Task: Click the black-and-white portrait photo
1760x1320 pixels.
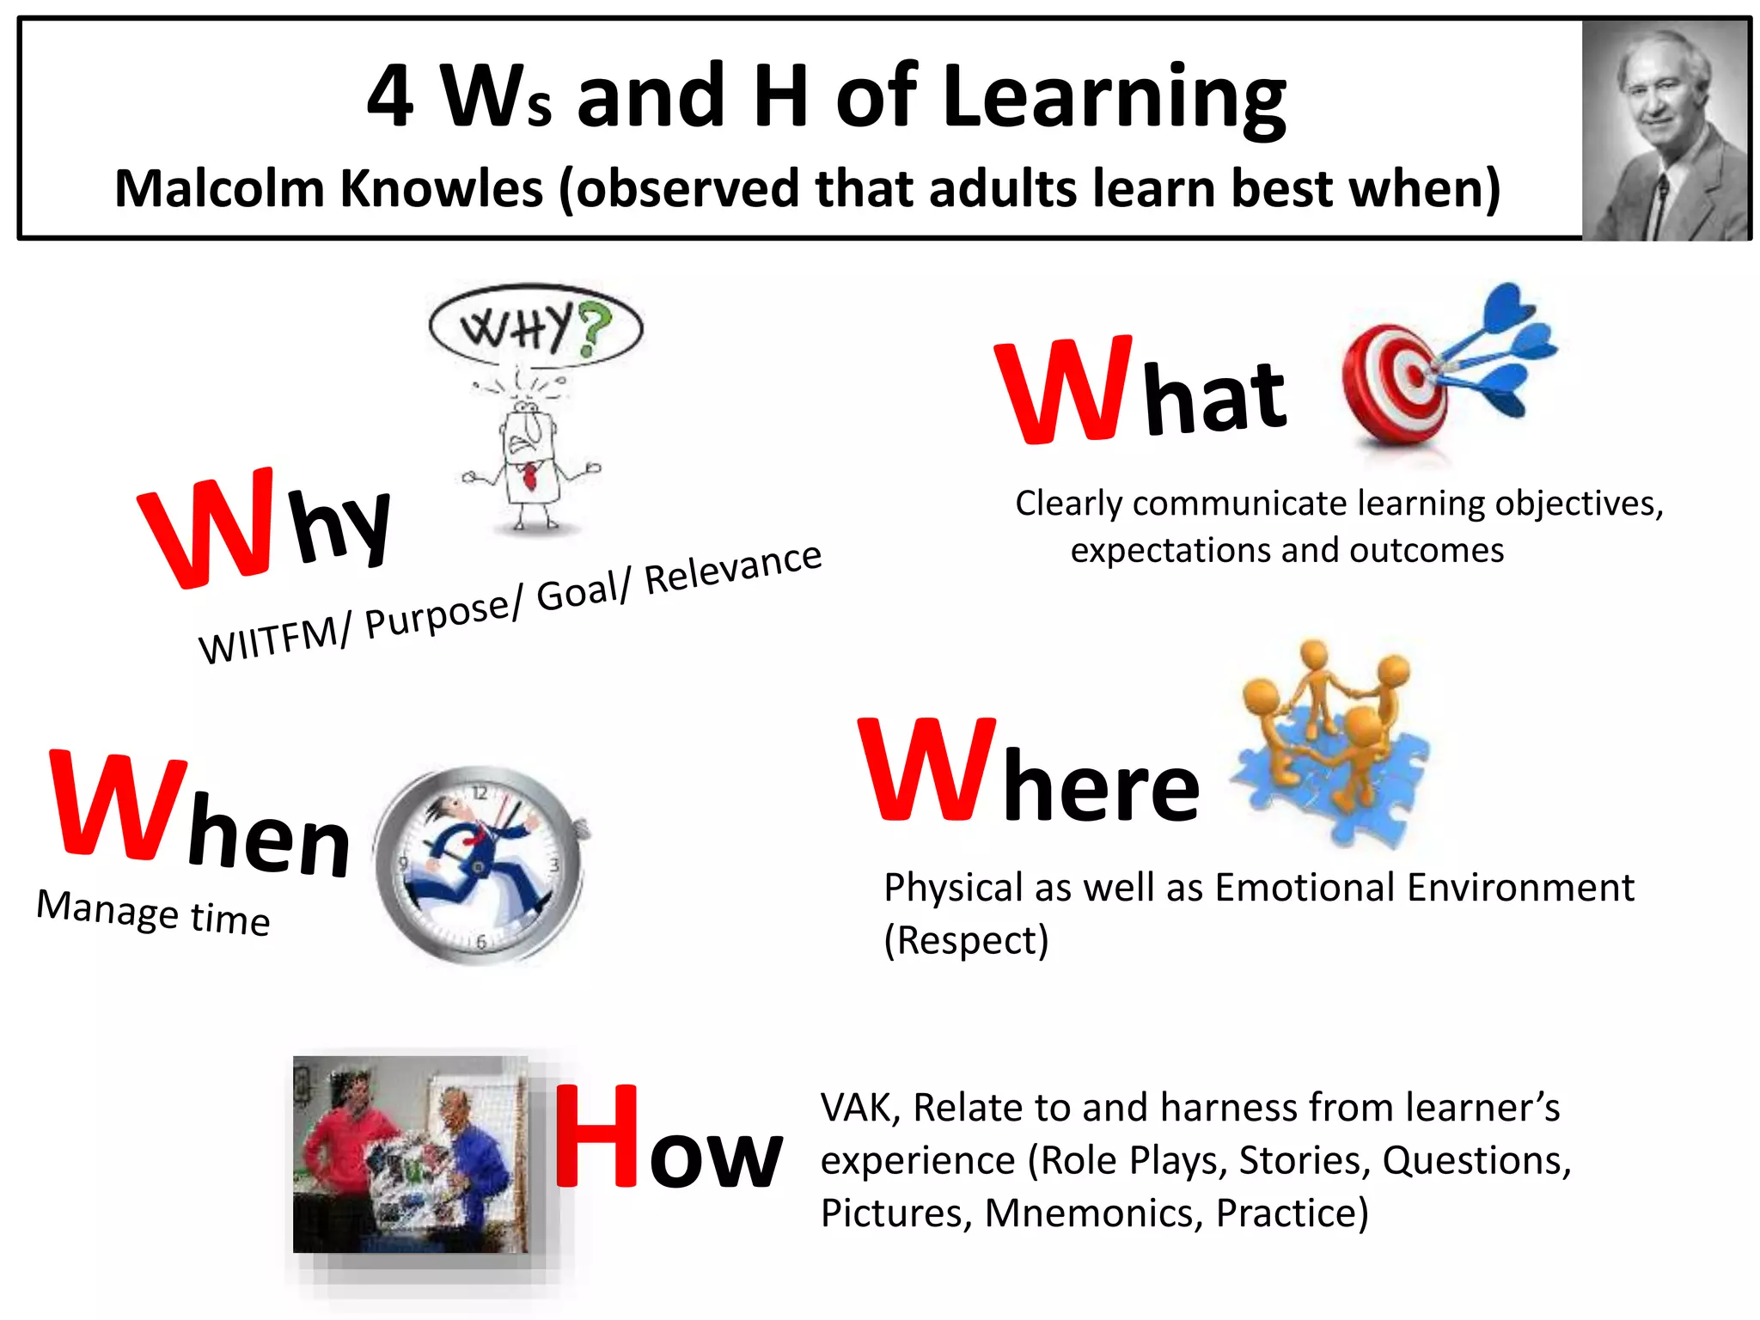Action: coord(1665,129)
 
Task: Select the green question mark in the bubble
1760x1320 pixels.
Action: coord(594,327)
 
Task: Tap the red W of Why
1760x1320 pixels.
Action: coord(206,529)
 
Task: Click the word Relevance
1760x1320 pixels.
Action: coord(733,568)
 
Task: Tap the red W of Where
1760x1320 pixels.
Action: coord(928,769)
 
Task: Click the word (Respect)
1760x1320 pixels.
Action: coord(966,940)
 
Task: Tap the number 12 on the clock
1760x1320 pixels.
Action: coord(480,792)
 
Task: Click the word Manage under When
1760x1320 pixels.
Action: coord(107,909)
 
